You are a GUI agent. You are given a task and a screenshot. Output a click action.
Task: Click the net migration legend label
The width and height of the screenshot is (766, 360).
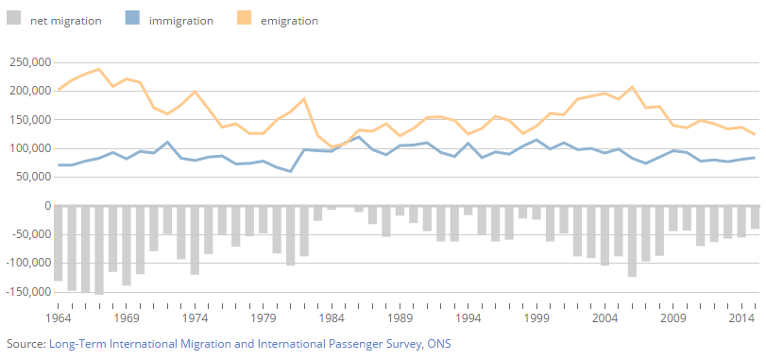click(65, 20)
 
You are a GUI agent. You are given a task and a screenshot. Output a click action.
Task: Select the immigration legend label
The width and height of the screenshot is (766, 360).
click(180, 20)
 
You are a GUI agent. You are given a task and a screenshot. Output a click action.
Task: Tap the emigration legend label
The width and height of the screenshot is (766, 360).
click(288, 20)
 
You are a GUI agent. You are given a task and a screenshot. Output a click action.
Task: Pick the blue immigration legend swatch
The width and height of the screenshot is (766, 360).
click(132, 20)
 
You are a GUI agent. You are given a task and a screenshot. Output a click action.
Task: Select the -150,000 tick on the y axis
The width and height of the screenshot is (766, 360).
click(27, 293)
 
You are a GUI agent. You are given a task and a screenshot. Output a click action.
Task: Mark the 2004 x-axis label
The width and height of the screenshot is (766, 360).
click(604, 319)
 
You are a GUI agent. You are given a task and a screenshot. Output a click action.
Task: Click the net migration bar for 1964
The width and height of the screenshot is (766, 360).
click(59, 243)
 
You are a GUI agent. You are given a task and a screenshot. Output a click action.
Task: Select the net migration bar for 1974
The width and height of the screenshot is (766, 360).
click(195, 240)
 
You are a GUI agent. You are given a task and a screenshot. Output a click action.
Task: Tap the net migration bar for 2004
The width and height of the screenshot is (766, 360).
click(604, 235)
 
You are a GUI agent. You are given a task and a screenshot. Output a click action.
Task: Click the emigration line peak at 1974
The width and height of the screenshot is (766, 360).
click(195, 92)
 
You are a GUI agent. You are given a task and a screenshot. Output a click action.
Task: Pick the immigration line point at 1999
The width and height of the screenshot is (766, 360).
click(536, 140)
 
